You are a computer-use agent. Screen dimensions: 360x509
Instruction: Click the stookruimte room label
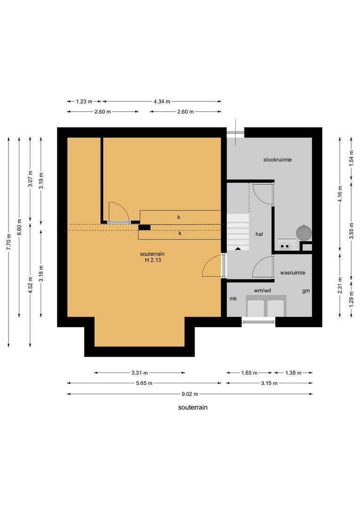[x=277, y=160]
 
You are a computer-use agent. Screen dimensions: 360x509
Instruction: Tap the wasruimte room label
[x=293, y=273]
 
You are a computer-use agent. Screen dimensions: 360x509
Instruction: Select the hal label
[x=259, y=234]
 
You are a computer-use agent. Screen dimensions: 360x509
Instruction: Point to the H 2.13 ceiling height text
[x=153, y=260]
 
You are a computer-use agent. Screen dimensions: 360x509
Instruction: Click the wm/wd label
[x=262, y=290]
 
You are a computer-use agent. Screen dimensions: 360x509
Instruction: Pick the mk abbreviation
[x=233, y=299]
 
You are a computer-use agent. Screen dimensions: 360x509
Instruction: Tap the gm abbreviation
[x=306, y=291]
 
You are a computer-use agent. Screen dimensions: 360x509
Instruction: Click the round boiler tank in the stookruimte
[x=304, y=232]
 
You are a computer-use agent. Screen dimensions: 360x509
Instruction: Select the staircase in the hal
[x=238, y=232]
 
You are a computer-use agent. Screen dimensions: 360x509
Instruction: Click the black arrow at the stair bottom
[x=238, y=248]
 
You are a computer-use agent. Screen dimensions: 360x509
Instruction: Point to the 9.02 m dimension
[x=190, y=394]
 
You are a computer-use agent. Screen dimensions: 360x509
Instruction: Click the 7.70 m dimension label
[x=8, y=242]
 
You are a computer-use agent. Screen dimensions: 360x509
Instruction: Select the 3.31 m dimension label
[x=139, y=373]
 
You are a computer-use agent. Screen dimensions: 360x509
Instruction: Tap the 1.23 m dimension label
[x=84, y=102]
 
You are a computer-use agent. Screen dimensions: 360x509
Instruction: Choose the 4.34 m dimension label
[x=162, y=102]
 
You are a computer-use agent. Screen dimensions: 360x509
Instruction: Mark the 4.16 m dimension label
[x=340, y=194]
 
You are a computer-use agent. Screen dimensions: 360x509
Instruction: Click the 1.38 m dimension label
[x=294, y=373]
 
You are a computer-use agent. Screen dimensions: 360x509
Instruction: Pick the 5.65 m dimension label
[x=144, y=383]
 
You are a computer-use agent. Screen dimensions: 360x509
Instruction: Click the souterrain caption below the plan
[x=193, y=407]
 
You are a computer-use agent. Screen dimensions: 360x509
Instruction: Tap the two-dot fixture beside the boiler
[x=285, y=246]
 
